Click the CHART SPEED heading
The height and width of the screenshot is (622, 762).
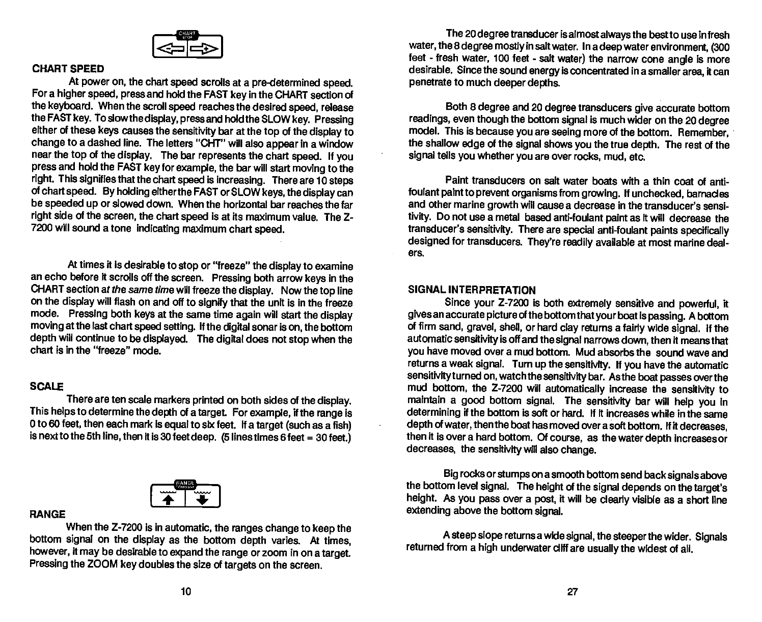click(x=68, y=69)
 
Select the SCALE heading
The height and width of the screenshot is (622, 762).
click(x=46, y=386)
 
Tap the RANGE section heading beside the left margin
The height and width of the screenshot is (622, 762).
click(x=48, y=515)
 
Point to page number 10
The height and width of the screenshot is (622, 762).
click(x=185, y=591)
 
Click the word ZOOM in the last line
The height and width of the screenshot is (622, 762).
click(x=105, y=565)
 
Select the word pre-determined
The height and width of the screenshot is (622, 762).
click(x=294, y=82)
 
